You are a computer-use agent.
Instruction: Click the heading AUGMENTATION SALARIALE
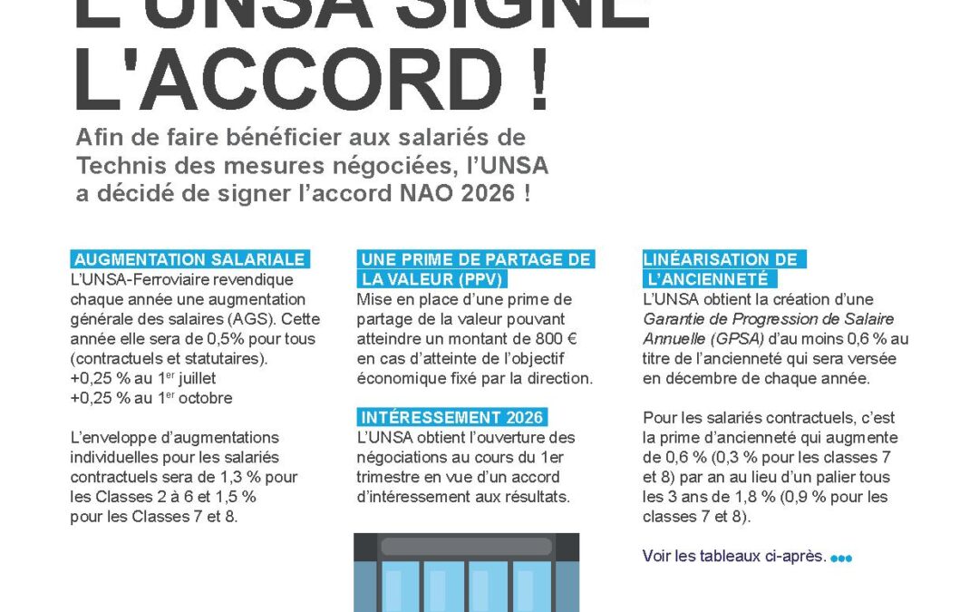click(189, 258)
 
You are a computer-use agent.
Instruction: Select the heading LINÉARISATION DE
click(721, 259)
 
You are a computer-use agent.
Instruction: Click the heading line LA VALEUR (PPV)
click(431, 278)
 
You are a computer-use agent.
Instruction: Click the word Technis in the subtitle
click(119, 166)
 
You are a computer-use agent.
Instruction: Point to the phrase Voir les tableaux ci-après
click(734, 556)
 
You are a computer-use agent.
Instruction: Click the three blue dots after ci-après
click(841, 558)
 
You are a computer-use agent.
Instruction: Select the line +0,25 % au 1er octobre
click(151, 398)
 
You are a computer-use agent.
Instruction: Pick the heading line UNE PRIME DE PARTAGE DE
click(475, 259)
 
